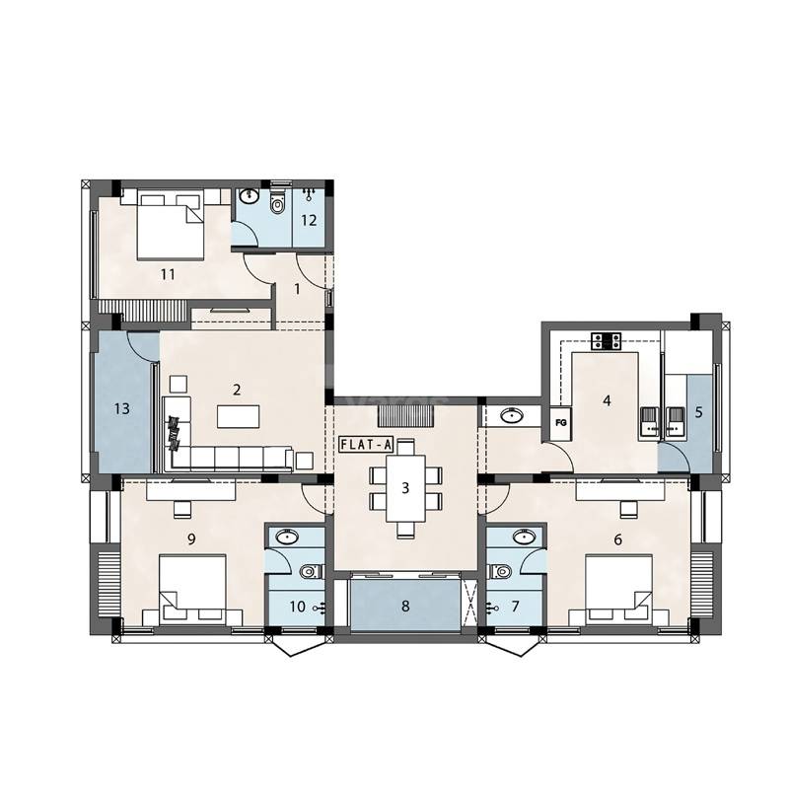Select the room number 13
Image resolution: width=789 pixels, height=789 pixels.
(x=122, y=407)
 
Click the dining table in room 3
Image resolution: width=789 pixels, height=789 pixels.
(x=404, y=486)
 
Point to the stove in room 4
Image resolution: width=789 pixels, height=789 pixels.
(x=606, y=341)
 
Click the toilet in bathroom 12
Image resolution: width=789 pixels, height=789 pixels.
(x=277, y=207)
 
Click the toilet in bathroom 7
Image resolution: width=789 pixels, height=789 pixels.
(x=501, y=570)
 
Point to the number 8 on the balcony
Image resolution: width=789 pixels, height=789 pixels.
(x=404, y=606)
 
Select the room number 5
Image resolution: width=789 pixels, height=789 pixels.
(x=699, y=412)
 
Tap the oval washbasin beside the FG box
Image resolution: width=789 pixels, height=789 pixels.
(x=513, y=416)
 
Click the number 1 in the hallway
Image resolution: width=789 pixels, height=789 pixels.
(x=297, y=288)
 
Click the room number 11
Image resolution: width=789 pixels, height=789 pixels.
(x=168, y=274)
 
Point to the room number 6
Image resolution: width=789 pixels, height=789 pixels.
(x=617, y=539)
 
